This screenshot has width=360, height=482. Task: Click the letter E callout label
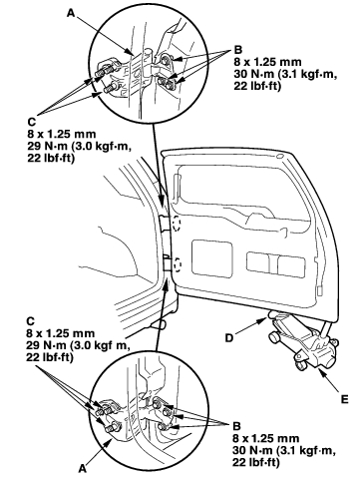tap(344, 399)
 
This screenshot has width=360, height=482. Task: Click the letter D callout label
tap(229, 338)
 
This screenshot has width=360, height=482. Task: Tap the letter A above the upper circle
tap(71, 13)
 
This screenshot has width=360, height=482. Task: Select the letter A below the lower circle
tap(83, 469)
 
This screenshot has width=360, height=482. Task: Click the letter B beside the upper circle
tap(238, 50)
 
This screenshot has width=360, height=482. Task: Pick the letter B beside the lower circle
tap(236, 426)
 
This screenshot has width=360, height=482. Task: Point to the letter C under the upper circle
tap(32, 122)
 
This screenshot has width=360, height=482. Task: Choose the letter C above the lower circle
tap(30, 321)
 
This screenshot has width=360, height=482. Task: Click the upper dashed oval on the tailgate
tap(176, 224)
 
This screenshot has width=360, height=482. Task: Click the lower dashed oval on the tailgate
tap(178, 264)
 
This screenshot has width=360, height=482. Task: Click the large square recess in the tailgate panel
tap(211, 258)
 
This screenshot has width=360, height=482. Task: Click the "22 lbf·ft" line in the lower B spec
tap(256, 462)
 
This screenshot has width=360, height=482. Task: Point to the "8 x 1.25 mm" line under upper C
tap(62, 134)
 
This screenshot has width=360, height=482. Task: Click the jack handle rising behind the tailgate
tap(326, 328)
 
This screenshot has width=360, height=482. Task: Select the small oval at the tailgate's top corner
tap(279, 156)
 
